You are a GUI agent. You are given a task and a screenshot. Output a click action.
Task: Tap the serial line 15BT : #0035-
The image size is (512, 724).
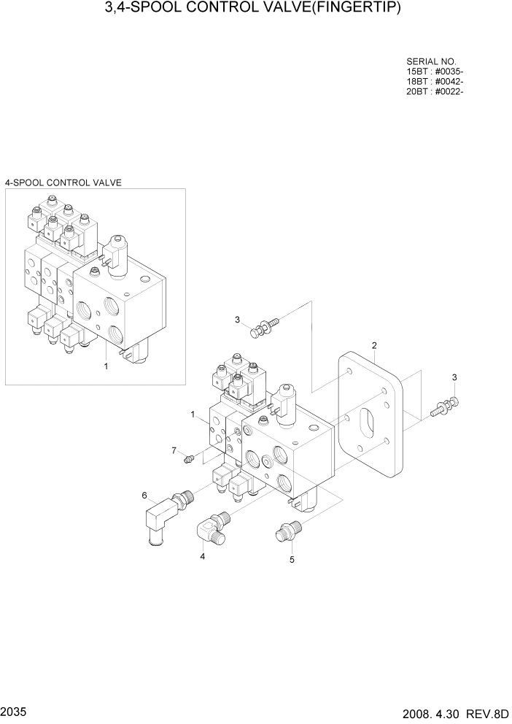click(435, 72)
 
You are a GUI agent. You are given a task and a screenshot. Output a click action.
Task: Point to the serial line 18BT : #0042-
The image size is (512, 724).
click(435, 81)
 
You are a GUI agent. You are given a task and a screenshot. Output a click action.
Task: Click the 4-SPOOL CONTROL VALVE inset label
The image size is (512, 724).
click(63, 182)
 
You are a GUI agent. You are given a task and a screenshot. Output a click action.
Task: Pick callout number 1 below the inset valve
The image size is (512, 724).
click(106, 366)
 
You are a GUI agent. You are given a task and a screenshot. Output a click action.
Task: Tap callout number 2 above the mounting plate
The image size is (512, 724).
click(374, 344)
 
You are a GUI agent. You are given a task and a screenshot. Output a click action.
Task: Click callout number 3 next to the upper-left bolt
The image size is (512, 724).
click(237, 320)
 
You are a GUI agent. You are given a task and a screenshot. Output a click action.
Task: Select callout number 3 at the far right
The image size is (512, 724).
click(454, 377)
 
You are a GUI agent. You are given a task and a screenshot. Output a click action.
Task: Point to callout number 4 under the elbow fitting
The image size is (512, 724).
click(202, 556)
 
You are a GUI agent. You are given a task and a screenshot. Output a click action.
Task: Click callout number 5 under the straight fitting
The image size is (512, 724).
click(292, 560)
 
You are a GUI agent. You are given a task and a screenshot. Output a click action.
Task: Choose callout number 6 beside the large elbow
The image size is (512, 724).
click(144, 496)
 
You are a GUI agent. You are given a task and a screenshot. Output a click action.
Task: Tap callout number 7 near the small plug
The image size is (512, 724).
click(174, 450)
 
